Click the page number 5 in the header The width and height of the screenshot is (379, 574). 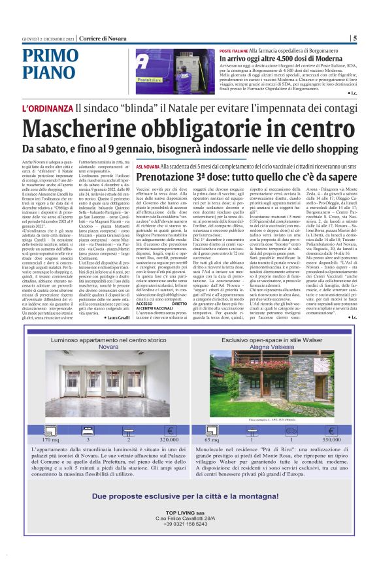354,38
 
